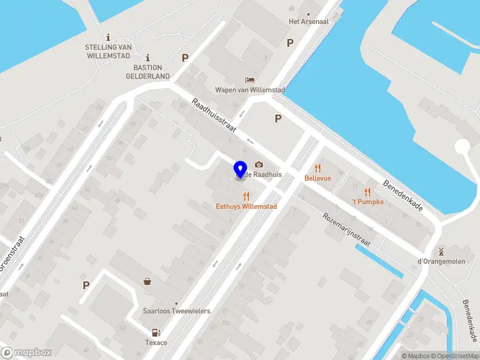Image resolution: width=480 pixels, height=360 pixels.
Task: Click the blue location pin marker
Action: [x=240, y=170]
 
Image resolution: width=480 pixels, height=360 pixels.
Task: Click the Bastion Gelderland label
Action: [x=148, y=72]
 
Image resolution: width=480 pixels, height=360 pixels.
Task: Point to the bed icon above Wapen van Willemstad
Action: [x=249, y=80]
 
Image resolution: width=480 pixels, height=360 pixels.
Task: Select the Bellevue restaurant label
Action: [x=318, y=178]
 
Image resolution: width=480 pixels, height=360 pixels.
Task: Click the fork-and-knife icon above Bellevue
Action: [x=318, y=169]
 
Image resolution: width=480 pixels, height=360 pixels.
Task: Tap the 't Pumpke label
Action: [x=367, y=202]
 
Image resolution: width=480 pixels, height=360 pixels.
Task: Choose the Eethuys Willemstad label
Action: [x=246, y=206]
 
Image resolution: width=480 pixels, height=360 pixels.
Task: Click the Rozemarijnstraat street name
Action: [x=346, y=230]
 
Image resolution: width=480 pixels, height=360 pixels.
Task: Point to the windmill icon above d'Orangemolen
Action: [x=441, y=251]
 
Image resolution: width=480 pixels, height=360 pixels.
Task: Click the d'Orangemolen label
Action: [x=441, y=261]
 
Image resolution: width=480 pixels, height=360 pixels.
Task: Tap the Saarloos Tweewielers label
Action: [x=176, y=311]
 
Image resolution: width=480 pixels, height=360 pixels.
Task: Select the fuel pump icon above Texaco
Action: [x=156, y=332]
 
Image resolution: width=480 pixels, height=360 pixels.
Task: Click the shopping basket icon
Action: [x=147, y=281]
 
